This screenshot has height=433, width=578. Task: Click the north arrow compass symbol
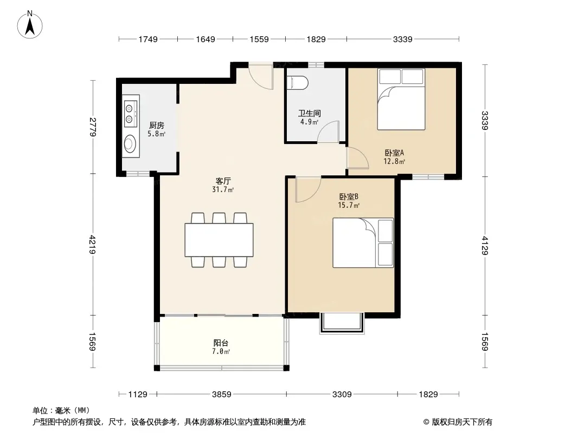coord(30,25)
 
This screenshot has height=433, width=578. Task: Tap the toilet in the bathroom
coord(297,83)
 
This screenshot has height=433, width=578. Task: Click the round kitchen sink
coord(130,143)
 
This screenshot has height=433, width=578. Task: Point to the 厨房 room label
coord(157,126)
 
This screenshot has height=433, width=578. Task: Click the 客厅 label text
coord(223,181)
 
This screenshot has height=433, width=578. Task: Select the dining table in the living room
coord(219,240)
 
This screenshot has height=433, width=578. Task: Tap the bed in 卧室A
coord(401,100)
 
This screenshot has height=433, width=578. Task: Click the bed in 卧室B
coord(363,243)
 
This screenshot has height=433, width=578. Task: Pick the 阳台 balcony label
coord(221,343)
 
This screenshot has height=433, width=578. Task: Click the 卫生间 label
coord(309,113)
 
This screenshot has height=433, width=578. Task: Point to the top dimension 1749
coord(148,39)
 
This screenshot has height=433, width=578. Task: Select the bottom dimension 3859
coord(222,395)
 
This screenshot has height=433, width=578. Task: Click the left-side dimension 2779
coord(93,127)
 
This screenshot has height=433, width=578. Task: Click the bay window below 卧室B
coord(342,323)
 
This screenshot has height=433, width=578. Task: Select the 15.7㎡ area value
coord(349,205)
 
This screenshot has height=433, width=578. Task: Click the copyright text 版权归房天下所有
coord(462,422)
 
